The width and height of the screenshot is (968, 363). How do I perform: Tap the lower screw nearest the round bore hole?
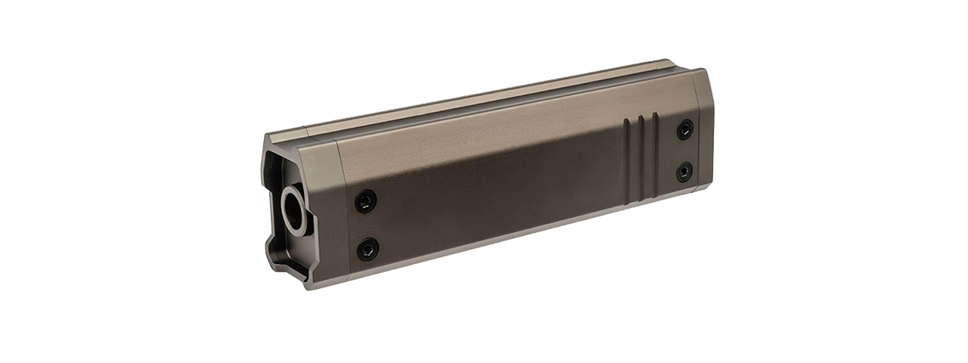coord(368,247)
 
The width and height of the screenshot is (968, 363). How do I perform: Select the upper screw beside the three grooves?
coord(684,130)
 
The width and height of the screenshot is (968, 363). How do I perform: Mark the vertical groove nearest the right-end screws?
coord(656,153)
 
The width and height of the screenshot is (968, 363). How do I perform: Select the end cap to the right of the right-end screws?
coord(703,144)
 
